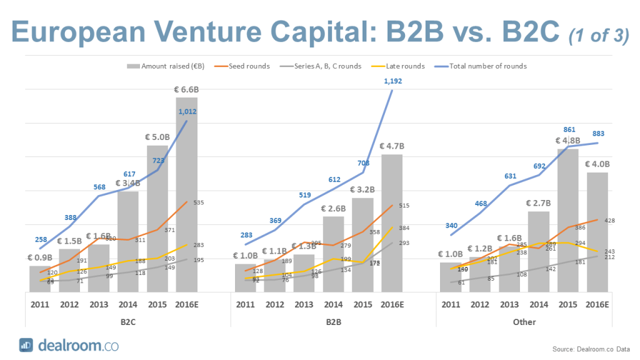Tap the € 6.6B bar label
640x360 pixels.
186,89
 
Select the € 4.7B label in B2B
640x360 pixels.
392,146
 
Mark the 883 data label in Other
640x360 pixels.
597,133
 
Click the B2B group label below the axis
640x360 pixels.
333,322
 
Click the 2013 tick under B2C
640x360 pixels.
99,304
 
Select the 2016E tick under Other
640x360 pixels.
597,304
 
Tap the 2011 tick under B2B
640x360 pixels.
246,304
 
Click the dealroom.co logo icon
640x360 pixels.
26,344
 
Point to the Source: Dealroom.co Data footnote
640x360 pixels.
591,349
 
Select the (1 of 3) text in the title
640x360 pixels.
599,36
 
